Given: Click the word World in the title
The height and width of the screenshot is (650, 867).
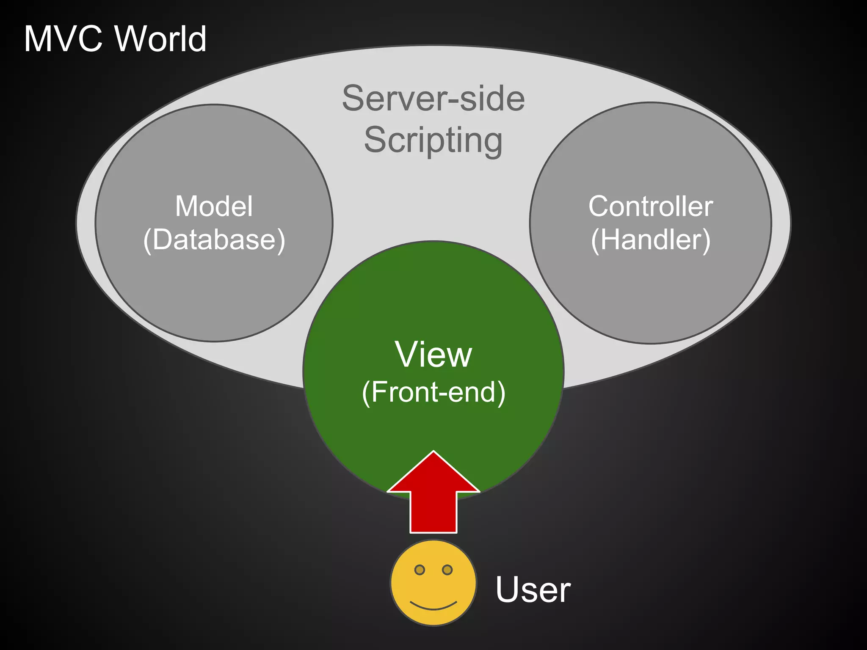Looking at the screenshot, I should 160,39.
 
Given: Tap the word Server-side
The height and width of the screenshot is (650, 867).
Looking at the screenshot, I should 433,98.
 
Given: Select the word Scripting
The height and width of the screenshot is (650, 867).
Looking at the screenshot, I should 433,140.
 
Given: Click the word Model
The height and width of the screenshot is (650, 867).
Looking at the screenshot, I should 214,207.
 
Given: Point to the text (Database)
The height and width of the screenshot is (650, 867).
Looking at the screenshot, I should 214,240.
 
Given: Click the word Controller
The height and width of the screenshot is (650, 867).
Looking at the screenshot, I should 650,207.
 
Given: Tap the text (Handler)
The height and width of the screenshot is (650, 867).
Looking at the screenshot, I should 650,240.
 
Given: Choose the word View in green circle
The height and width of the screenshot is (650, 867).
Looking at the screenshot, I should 433,354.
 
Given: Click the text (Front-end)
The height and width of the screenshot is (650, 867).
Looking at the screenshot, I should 433,392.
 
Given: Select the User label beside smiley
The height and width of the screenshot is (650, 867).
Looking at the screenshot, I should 533,589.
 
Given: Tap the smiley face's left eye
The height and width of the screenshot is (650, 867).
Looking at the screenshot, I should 420,570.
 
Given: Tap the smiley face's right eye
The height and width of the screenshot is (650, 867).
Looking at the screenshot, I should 447,570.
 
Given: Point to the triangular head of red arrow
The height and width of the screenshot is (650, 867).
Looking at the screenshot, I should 433,474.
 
